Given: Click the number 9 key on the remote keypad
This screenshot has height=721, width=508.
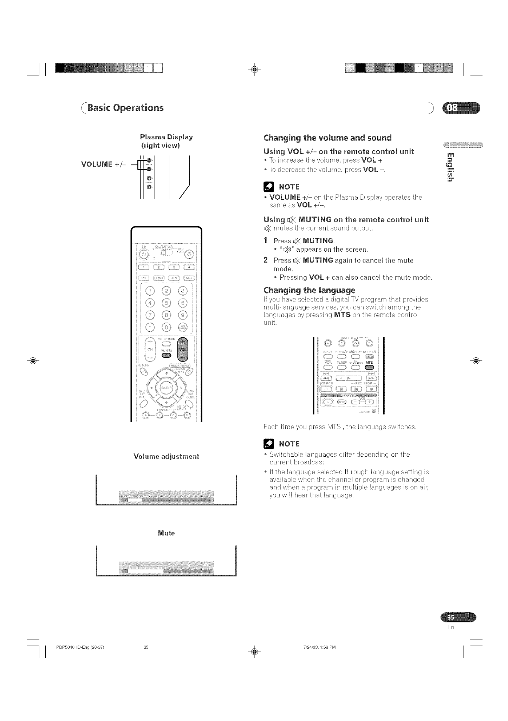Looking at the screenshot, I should [x=183, y=315].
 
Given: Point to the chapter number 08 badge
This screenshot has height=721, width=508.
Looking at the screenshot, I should [x=461, y=108].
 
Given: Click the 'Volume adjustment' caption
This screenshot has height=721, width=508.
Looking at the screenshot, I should [x=166, y=456].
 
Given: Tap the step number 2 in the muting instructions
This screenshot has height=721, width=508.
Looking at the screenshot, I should [x=266, y=260].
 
